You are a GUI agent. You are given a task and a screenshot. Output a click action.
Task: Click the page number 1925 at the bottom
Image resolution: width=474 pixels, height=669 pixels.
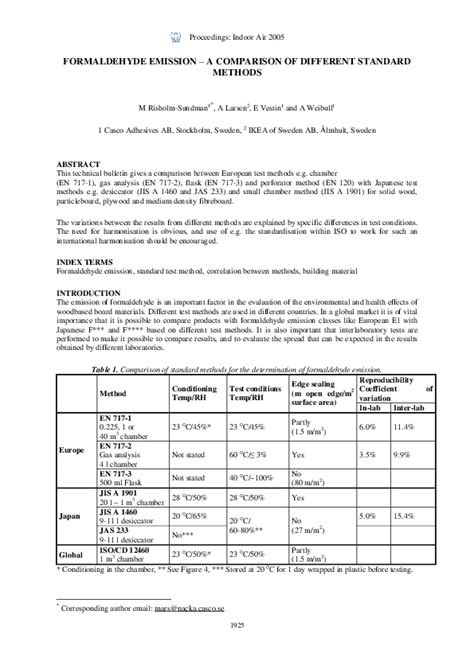(x=236, y=653)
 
